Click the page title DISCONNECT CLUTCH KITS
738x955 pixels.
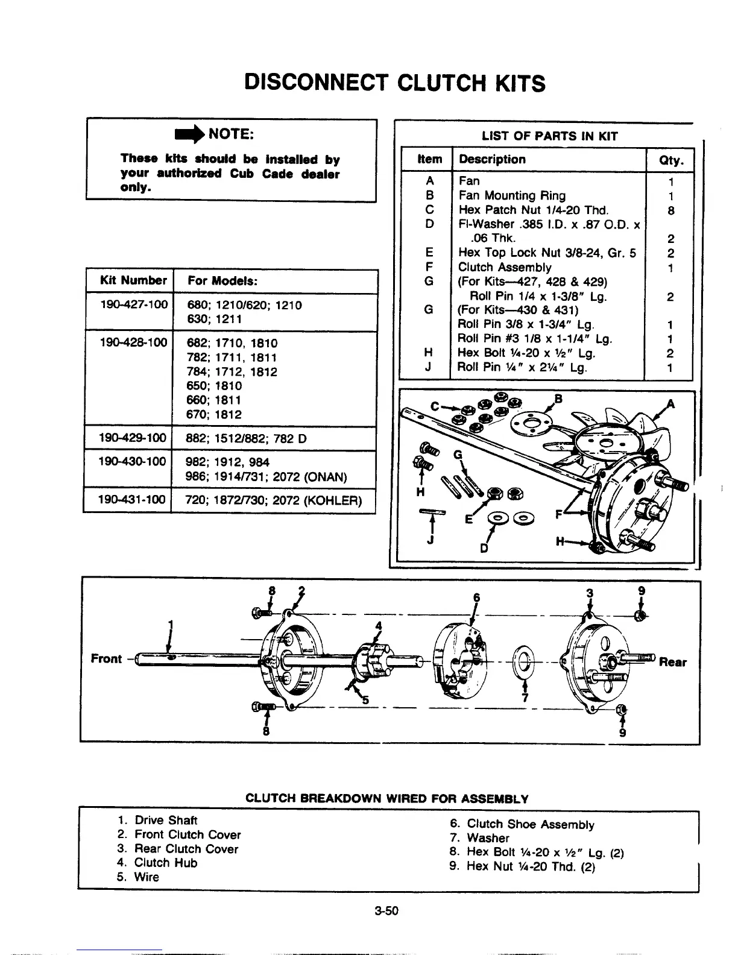point(395,83)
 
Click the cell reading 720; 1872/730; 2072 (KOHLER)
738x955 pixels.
point(274,500)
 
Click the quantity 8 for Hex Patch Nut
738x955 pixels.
point(670,210)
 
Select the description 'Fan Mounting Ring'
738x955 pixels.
point(512,195)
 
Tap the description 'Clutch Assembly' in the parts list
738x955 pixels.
point(505,267)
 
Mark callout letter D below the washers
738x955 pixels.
point(483,548)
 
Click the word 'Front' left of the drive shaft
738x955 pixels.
point(106,658)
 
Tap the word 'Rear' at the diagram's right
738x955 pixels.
point(672,663)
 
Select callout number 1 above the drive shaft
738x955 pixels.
point(171,624)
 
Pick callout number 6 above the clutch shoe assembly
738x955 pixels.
point(476,597)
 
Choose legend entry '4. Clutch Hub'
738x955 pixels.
point(157,863)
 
